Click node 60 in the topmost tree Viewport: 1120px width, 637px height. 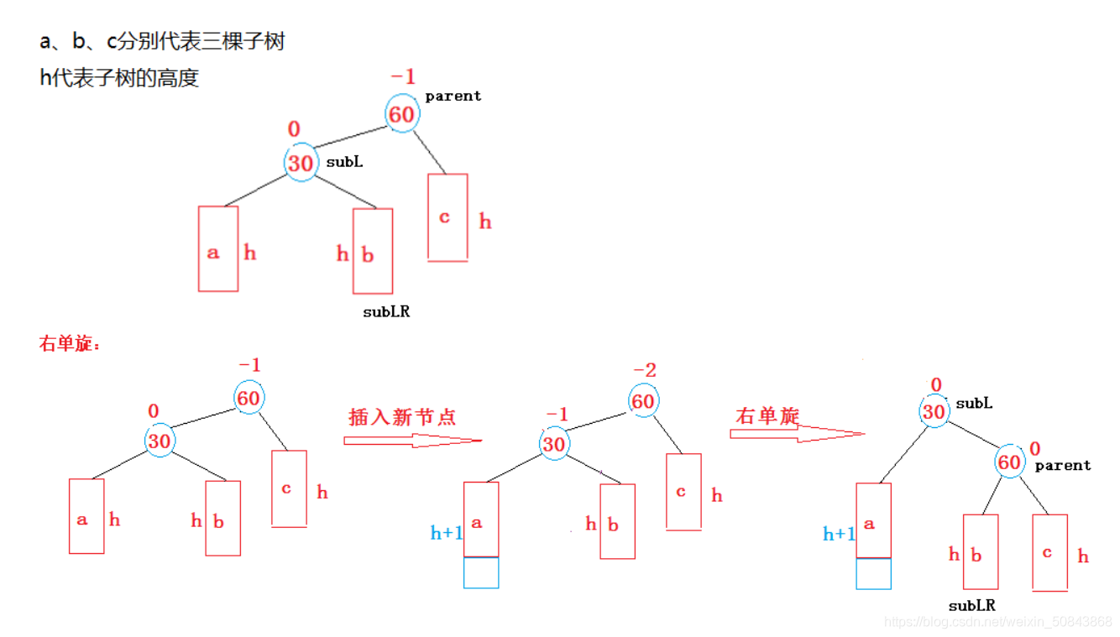401,113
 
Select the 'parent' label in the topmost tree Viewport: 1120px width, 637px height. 453,96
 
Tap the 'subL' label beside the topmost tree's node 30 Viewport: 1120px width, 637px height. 344,162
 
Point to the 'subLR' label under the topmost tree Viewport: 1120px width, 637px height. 386,311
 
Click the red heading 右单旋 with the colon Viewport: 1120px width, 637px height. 70,343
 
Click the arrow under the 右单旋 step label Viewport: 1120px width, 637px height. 796,434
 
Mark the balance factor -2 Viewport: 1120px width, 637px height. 645,370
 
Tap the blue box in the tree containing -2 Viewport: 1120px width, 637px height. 481,572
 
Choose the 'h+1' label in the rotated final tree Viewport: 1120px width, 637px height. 839,534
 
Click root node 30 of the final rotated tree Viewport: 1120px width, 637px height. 934,411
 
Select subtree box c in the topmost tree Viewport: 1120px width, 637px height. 447,217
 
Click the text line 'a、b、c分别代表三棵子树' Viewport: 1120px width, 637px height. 162,41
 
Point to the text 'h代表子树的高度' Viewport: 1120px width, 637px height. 119,78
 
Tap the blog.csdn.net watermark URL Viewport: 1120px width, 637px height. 998,622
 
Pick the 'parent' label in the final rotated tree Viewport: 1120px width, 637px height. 1063,465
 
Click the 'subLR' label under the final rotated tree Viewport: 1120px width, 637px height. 972,605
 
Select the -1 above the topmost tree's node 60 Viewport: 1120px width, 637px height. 403,77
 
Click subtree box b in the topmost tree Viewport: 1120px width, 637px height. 372,251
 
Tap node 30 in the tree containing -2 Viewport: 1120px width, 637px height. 553,443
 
